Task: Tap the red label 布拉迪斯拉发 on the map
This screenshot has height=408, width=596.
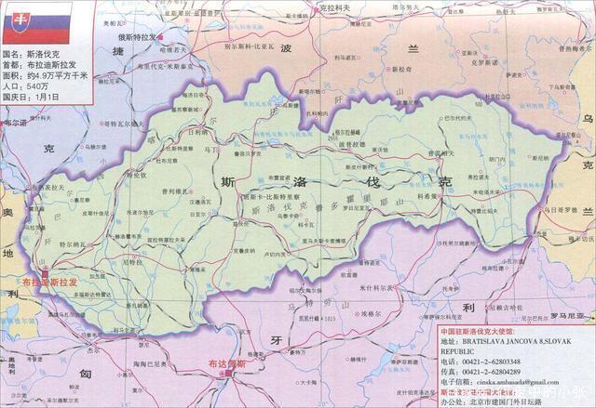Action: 50,280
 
